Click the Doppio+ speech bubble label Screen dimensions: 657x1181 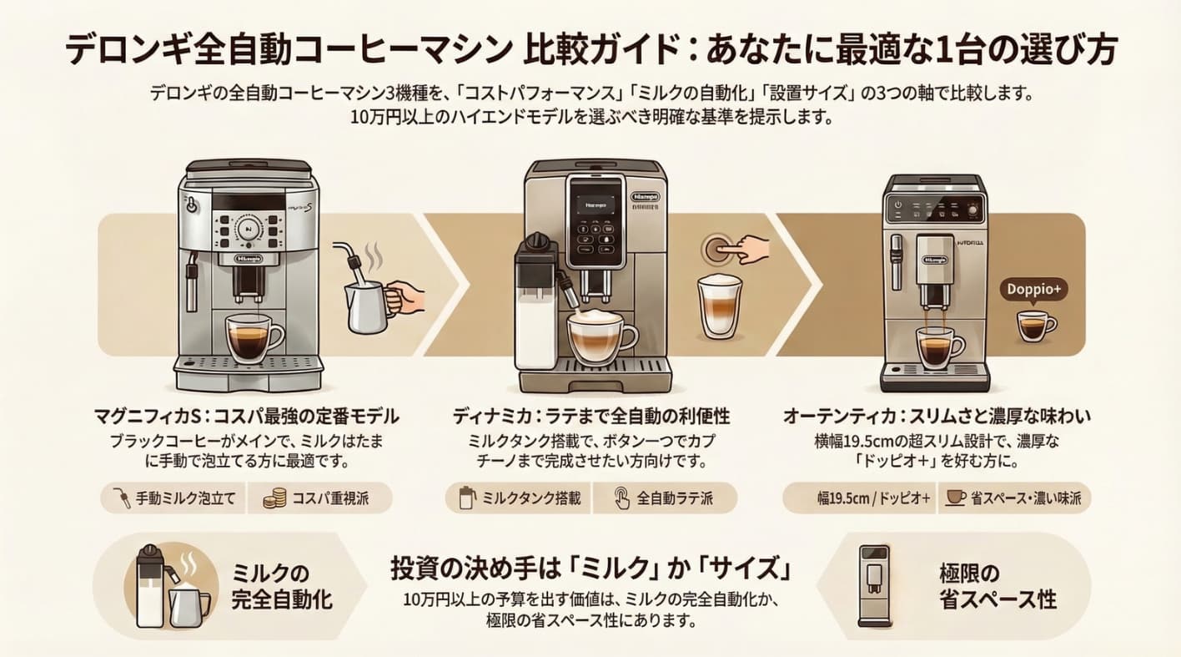[1033, 290]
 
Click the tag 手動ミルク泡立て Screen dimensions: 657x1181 [172, 499]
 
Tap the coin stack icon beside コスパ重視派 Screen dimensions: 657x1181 [274, 499]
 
